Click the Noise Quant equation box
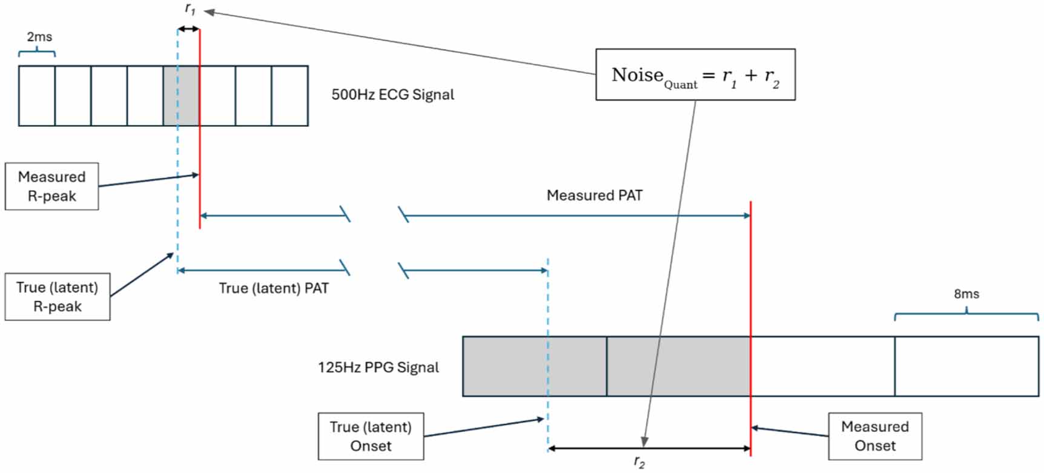pos(695,74)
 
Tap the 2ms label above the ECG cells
pos(39,37)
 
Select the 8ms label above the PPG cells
pos(966,294)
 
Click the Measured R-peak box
pos(51,187)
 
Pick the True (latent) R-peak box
pos(58,297)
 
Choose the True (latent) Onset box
pos(371,437)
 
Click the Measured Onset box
pos(875,436)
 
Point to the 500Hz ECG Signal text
pos(392,94)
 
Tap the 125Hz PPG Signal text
pos(378,368)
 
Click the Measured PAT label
pos(594,195)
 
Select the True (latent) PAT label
pos(274,288)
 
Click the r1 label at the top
pos(190,9)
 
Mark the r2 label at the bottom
pos(639,463)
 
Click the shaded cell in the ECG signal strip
pos(181,96)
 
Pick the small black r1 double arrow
pos(188,29)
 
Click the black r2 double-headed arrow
pos(649,449)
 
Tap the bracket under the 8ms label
pos(966,314)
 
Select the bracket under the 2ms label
pos(37,53)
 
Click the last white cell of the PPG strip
pos(966,366)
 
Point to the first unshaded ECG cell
pos(37,96)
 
